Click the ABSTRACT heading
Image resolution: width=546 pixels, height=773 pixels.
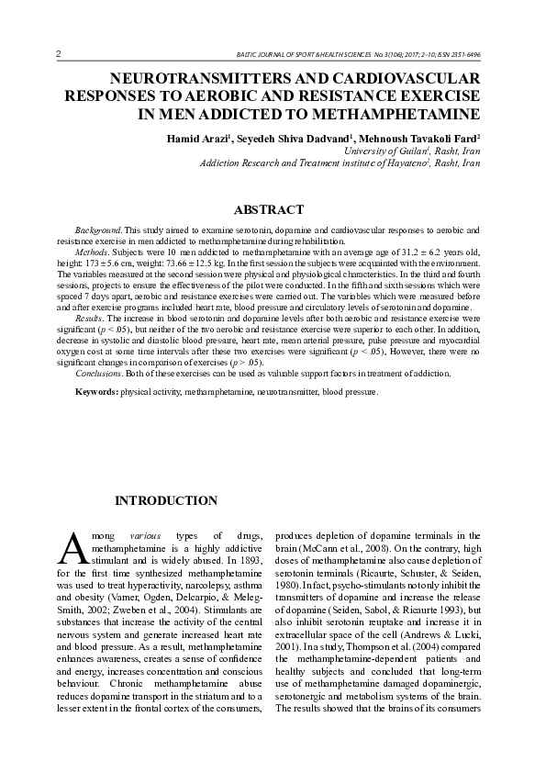tap(269, 210)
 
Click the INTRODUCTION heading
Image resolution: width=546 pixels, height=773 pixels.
tap(165, 501)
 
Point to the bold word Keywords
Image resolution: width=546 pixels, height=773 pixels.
tap(96, 392)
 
